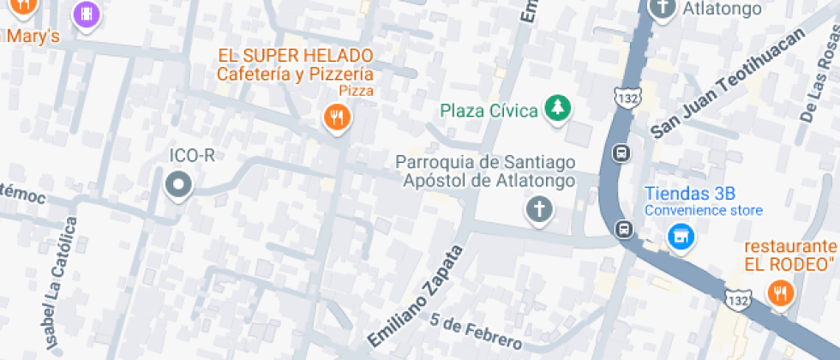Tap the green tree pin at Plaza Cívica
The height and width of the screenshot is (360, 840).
click(559, 108)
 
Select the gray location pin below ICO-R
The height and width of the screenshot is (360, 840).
click(178, 183)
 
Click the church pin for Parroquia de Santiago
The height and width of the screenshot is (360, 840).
click(538, 208)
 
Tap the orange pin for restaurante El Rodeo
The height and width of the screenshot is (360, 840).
click(779, 293)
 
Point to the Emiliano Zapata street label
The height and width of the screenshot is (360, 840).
click(416, 296)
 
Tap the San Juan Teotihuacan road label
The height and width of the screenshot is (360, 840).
click(729, 83)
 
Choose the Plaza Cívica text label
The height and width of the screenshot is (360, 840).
click(489, 110)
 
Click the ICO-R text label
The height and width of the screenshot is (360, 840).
click(191, 155)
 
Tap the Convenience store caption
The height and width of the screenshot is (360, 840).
click(704, 210)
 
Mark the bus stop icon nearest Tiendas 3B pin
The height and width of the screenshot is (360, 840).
click(624, 229)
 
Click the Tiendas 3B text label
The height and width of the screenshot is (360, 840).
click(690, 194)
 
